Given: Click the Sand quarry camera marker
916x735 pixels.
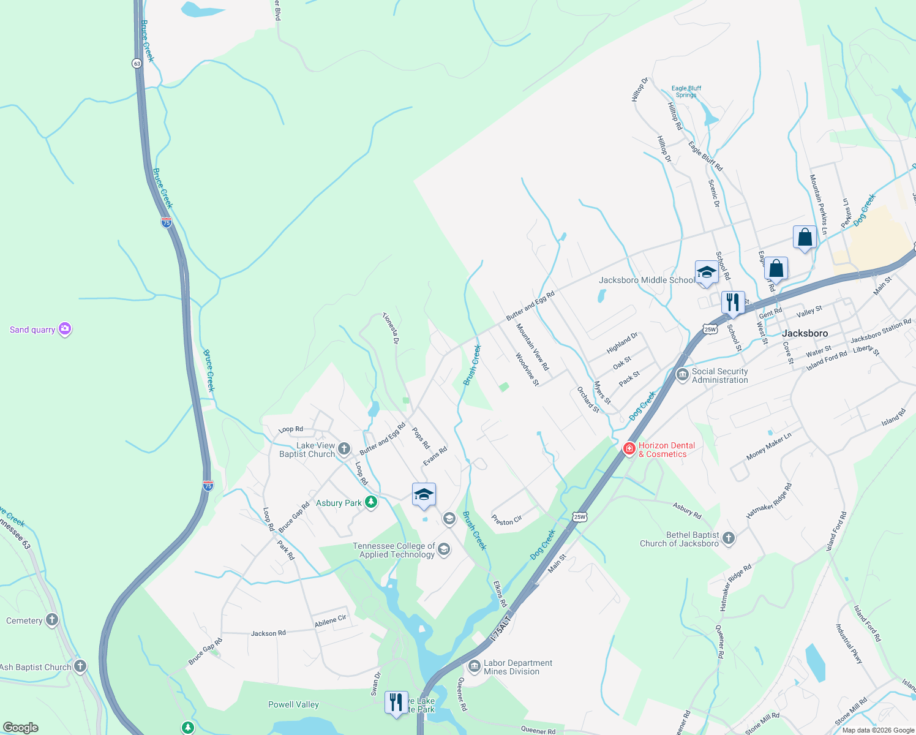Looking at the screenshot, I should tap(65, 330).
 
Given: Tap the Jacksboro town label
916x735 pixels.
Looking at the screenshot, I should tap(805, 333).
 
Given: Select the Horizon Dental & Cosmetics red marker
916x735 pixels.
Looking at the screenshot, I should tap(629, 449).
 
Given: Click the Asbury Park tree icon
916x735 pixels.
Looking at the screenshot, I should tap(370, 502).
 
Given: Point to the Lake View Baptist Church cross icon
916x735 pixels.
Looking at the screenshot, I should tap(344, 449).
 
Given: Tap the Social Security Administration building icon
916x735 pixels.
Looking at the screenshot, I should tap(682, 375).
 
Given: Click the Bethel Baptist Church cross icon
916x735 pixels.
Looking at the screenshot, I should tap(728, 538).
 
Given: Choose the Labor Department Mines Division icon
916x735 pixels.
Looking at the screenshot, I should tap(474, 666).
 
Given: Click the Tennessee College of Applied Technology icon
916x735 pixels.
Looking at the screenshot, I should tap(444, 549).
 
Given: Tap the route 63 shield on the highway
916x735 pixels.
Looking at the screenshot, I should tap(136, 63).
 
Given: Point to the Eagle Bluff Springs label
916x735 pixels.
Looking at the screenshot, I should tap(686, 91).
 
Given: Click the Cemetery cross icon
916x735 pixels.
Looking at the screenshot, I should tap(52, 620).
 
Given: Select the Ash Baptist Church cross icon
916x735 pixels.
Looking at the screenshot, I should tap(80, 666).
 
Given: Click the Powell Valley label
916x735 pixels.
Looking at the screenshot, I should tap(293, 704).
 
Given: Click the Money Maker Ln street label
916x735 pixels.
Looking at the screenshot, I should tap(769, 447).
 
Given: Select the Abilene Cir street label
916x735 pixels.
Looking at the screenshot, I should tap(331, 621).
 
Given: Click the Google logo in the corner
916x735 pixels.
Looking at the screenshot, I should tap(20, 728).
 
